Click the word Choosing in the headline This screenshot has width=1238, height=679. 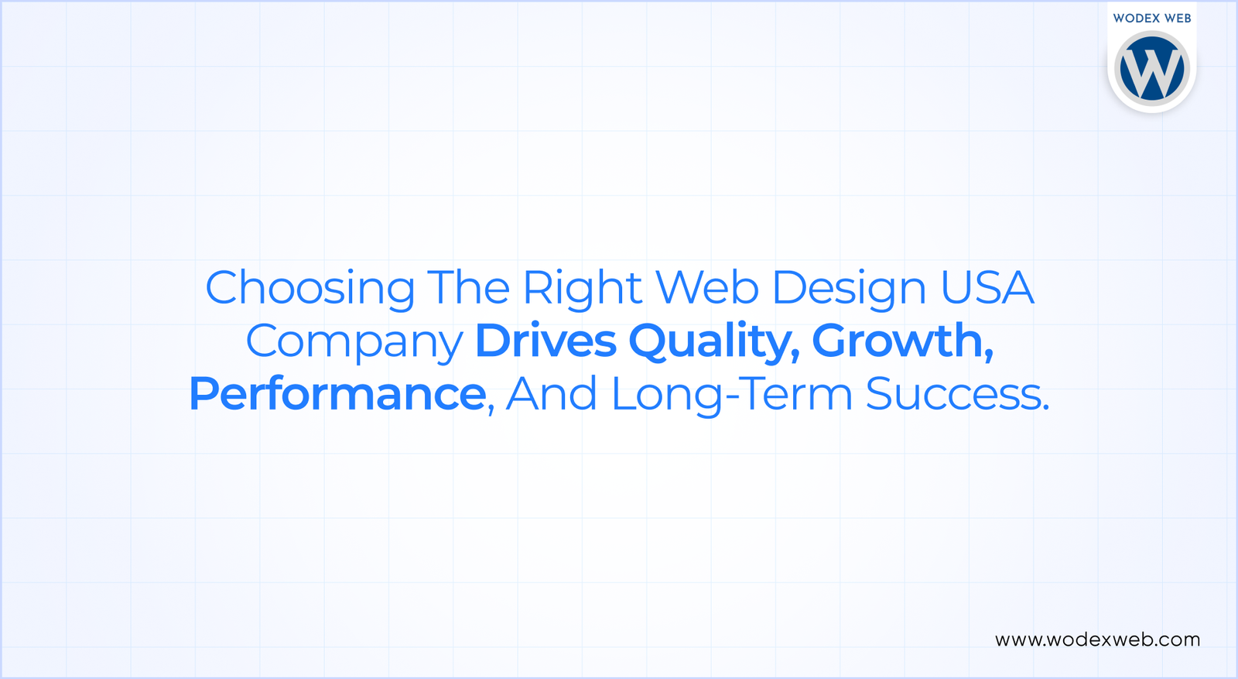click(309, 289)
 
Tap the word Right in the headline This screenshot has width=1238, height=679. click(582, 289)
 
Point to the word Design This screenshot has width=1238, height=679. click(849, 289)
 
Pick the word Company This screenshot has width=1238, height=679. click(354, 342)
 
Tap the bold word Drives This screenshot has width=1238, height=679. click(545, 341)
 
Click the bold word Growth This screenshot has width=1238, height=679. click(897, 341)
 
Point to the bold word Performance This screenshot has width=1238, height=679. click(337, 394)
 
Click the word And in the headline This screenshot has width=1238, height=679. click(551, 394)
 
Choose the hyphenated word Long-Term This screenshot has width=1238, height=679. click(731, 394)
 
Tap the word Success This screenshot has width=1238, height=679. click(952, 394)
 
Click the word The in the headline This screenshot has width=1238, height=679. click(468, 287)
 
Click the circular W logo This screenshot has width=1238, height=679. click(1151, 68)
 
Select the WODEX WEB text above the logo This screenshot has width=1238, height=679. click(1151, 18)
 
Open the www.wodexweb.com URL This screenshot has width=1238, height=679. click(1097, 640)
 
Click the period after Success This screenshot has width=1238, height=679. click(1046, 406)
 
